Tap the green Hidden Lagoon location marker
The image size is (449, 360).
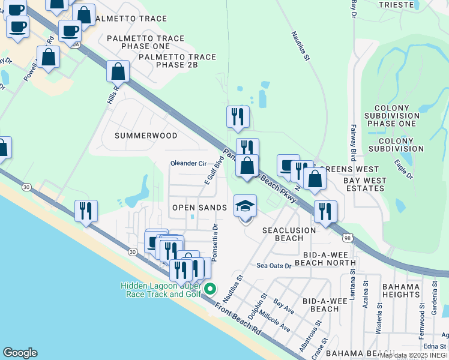pyautogui.click(x=209, y=290)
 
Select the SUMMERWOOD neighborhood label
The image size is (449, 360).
pyautogui.click(x=146, y=136)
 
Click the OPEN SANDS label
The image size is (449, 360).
pyautogui.click(x=199, y=208)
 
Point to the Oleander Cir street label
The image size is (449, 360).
pyautogui.click(x=188, y=163)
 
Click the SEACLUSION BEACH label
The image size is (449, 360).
pyautogui.click(x=289, y=234)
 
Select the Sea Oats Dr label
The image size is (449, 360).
pyautogui.click(x=274, y=265)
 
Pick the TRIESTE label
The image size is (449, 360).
pyautogui.click(x=396, y=4)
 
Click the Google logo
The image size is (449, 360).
pyautogui.click(x=20, y=353)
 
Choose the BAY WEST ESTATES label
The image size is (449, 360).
pyautogui.click(x=364, y=184)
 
